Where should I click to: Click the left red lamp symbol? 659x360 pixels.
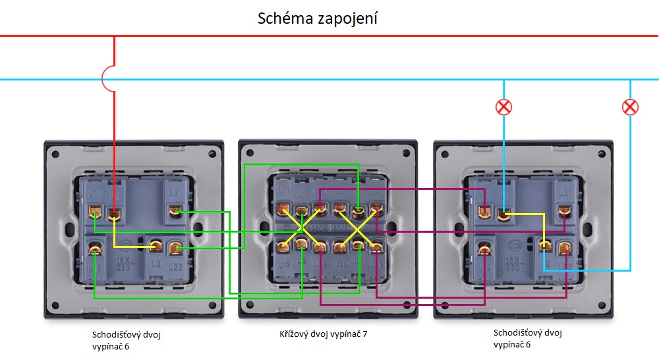tap(504, 107)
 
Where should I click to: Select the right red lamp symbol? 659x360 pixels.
tap(631, 107)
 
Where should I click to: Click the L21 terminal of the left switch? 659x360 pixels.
tap(175, 211)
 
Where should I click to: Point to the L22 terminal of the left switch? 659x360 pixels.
tap(175, 249)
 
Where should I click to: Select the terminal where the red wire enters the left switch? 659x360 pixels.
tap(115, 214)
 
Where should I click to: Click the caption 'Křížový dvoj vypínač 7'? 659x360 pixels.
tap(324, 334)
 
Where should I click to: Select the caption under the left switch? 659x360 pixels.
tap(126, 340)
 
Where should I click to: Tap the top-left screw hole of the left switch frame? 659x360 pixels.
tap(56, 155)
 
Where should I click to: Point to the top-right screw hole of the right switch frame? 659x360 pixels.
tap(602, 155)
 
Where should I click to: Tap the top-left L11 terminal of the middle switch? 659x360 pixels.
tap(284, 210)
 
